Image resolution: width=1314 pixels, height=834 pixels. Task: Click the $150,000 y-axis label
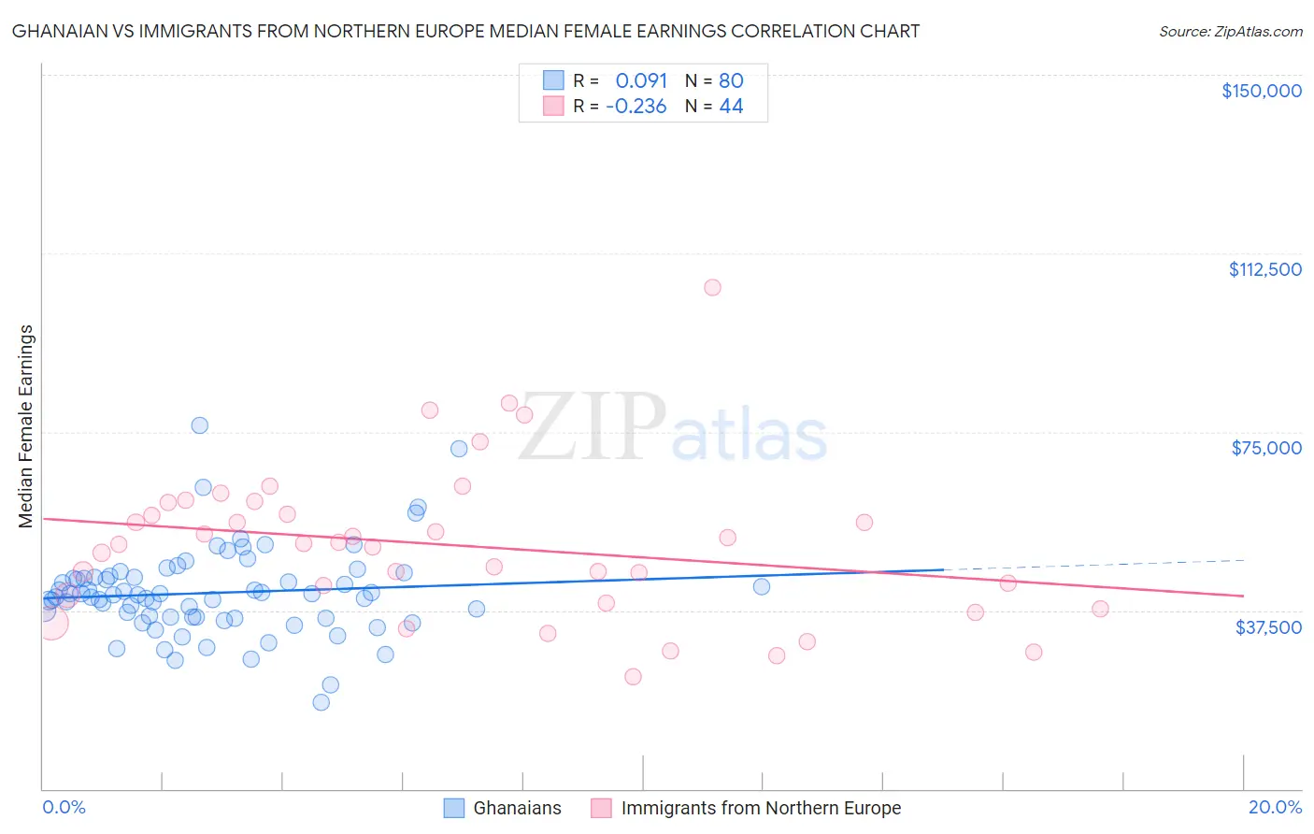point(1261,91)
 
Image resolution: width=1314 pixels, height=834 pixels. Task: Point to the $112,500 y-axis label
point(1264,269)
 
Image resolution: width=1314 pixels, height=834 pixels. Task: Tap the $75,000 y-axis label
point(1265,448)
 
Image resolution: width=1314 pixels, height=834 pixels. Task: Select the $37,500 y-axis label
point(1267,626)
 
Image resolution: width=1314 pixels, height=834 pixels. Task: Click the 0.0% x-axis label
point(64,807)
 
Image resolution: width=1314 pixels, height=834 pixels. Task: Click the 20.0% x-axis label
point(1275,807)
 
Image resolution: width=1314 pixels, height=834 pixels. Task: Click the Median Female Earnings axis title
point(26,426)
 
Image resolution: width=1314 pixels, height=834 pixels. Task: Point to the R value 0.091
point(641,80)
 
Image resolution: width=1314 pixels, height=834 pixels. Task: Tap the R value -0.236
point(636,107)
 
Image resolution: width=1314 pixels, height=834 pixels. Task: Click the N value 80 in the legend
point(731,80)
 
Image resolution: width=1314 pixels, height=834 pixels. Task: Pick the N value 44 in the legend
point(731,107)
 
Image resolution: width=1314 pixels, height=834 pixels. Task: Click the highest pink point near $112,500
point(712,287)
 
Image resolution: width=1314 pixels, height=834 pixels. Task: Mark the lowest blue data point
point(321,702)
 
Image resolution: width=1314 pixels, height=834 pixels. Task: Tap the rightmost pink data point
point(1100,609)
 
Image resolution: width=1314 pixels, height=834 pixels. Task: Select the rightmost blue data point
point(762,586)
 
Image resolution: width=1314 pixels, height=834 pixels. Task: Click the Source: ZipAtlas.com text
point(1230,32)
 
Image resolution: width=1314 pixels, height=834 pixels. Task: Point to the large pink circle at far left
point(51,622)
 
